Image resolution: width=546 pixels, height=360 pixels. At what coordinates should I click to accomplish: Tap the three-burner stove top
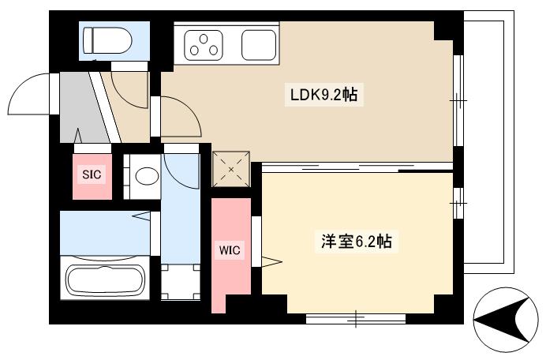point(208,44)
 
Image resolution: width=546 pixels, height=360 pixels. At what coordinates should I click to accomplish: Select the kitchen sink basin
point(260,45)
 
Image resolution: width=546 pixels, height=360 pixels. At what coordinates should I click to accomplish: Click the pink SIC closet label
point(92,176)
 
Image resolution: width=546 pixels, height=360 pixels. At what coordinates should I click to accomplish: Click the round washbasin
point(146,176)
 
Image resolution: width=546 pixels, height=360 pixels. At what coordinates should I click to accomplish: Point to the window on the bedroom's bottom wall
point(355,319)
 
